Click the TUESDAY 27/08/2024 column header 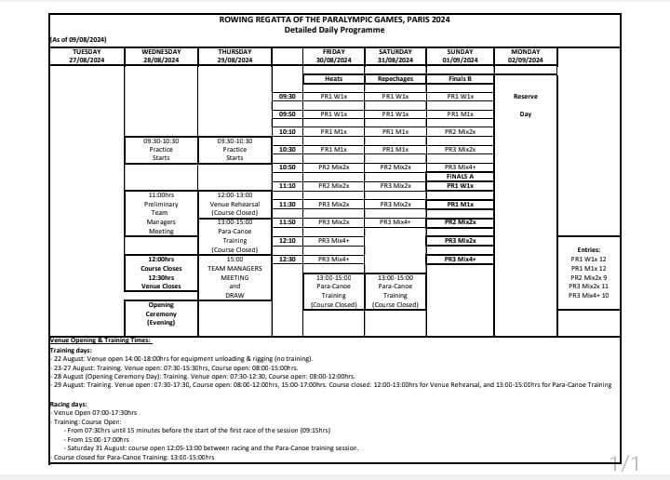(87, 56)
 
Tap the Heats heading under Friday (333, 79)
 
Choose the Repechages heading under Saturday (395, 79)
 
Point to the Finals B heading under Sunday (460, 79)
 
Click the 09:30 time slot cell (288, 96)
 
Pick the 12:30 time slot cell (288, 259)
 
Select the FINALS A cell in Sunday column (460, 176)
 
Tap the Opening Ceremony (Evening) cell (161, 313)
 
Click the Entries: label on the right (588, 249)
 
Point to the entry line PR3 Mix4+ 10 (588, 295)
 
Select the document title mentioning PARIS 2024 (334, 19)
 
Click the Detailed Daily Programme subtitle (334, 29)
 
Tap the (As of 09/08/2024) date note (78, 39)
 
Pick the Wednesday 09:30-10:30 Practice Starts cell (161, 149)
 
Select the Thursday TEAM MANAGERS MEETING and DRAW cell (234, 276)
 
